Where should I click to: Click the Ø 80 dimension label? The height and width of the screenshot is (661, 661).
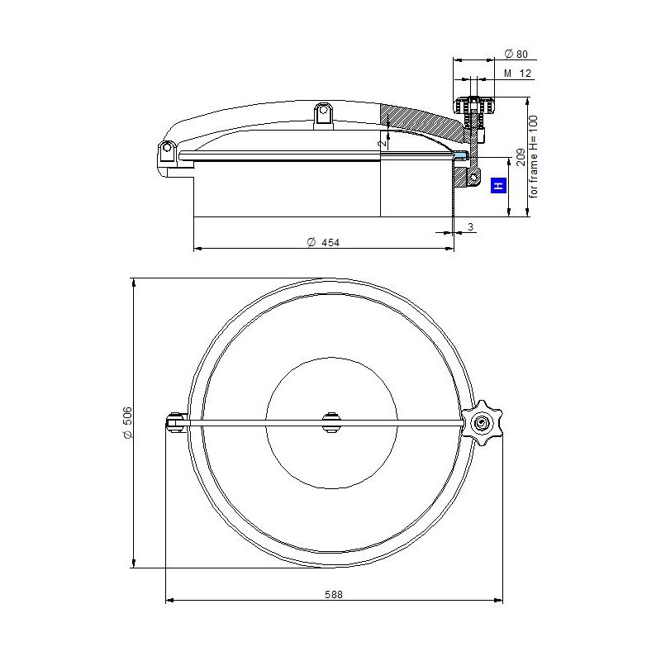(x=516, y=54)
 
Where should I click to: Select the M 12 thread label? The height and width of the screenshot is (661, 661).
(x=518, y=74)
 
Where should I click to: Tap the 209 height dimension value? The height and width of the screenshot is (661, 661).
(x=521, y=157)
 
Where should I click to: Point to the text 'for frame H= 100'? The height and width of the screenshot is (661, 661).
(x=533, y=156)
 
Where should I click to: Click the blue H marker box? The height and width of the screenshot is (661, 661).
(x=498, y=185)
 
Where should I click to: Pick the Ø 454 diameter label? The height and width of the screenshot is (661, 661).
(x=323, y=242)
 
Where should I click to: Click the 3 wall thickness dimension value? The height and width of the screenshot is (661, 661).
(x=470, y=226)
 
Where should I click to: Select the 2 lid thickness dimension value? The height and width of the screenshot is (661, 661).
(x=383, y=143)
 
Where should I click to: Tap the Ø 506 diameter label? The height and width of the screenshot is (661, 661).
(x=128, y=423)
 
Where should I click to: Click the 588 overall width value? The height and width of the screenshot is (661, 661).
(x=334, y=594)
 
